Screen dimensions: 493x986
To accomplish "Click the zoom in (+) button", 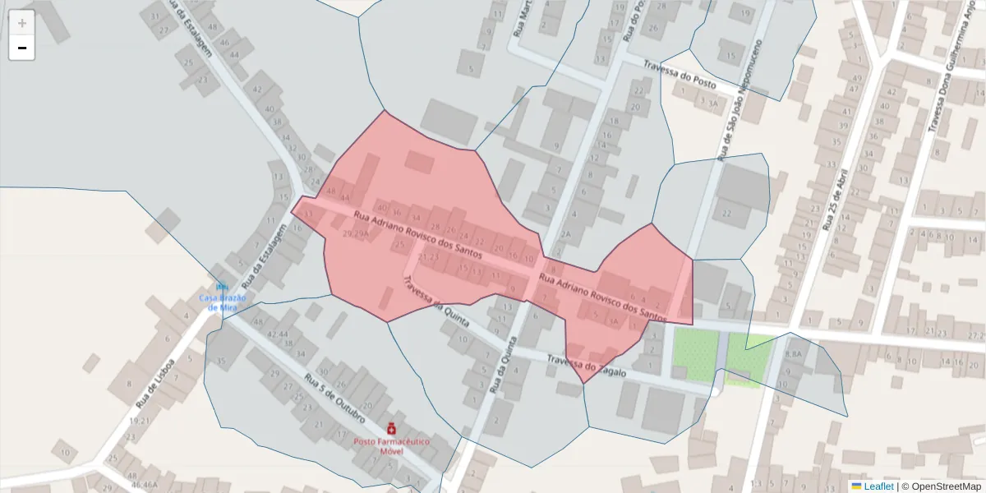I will coord(22,23).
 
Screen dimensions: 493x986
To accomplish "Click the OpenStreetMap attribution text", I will coord(946,486).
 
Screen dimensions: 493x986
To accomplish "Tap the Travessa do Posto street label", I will coord(680,75).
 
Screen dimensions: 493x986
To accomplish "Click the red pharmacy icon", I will coord(391,428).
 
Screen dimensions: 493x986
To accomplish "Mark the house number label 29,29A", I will coord(355,234).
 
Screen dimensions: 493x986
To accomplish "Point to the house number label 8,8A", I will coord(793,354).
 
